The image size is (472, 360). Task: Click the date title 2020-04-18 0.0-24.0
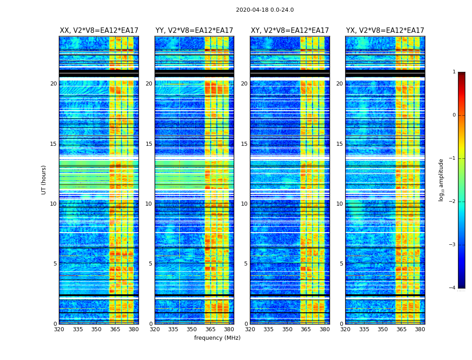tap(265, 10)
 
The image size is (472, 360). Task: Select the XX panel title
tap(99, 31)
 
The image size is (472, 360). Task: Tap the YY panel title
tap(194, 31)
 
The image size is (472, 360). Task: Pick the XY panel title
tap(290, 31)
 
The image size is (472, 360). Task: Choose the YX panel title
tap(385, 31)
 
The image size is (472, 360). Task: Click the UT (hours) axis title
tap(44, 180)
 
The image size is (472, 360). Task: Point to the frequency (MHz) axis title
tap(217, 338)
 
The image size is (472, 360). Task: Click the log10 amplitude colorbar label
tap(441, 180)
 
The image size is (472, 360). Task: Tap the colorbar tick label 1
tap(454, 72)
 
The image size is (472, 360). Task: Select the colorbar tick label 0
tap(454, 115)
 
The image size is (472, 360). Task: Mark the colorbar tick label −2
tap(453, 202)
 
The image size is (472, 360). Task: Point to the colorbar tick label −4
tap(453, 288)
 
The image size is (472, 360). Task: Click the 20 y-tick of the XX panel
tap(53, 84)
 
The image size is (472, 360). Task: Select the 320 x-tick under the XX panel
tap(59, 329)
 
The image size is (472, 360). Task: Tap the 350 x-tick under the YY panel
tap(192, 329)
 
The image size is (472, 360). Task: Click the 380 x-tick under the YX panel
tap(420, 329)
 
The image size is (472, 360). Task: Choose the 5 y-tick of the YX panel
tap(342, 264)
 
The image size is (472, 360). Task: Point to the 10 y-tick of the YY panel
tap(149, 204)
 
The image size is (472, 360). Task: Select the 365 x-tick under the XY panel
tap(306, 329)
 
